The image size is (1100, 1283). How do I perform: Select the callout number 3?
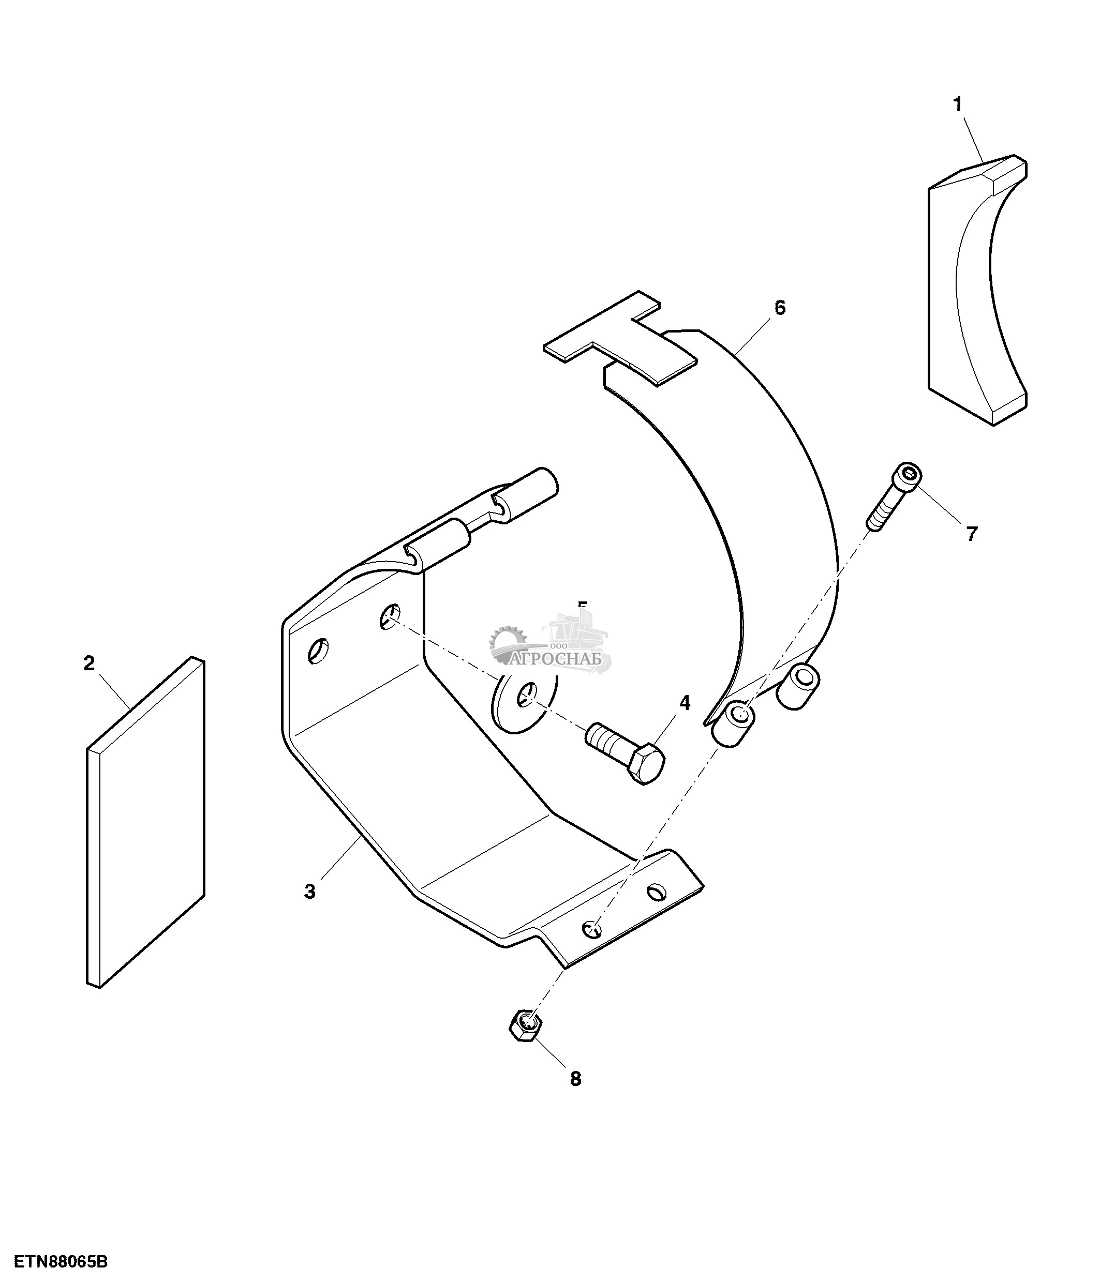point(310,892)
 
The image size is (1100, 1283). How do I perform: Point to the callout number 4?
point(685,702)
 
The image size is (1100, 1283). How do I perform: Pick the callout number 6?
point(780,308)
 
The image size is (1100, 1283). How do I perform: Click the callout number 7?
point(972,533)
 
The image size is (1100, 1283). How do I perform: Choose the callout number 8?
point(575,1079)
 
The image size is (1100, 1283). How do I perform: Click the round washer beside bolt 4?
point(524,702)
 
